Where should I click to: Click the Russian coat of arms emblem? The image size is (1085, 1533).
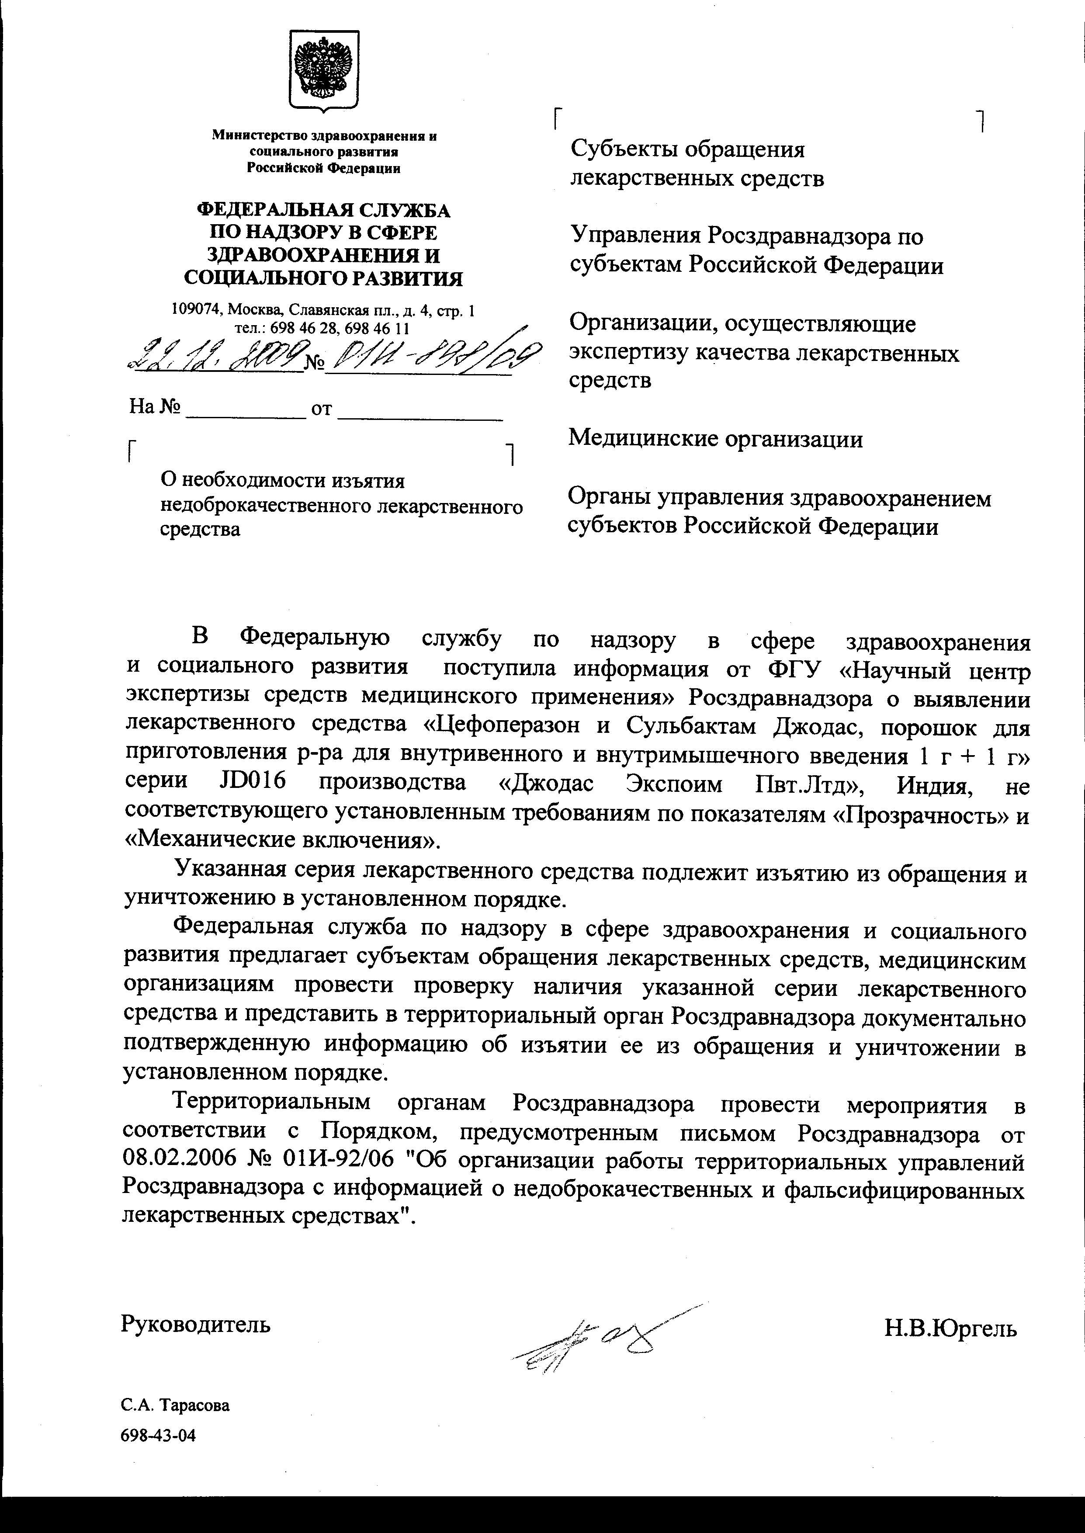point(324,69)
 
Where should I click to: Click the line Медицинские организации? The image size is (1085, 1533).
point(715,440)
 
